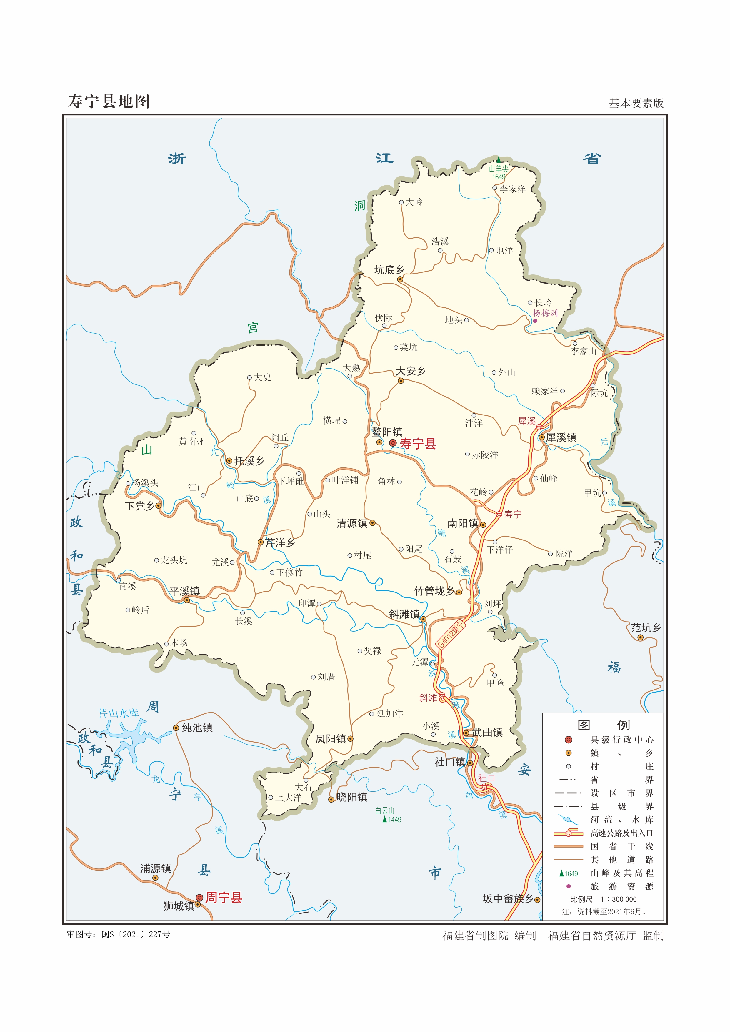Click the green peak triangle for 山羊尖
tap(499, 159)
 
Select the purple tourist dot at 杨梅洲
tap(535, 320)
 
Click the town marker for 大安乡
tap(401, 381)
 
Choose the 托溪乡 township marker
tap(229, 460)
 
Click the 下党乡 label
tap(139, 506)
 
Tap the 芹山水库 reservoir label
tap(119, 713)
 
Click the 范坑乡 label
tap(646, 628)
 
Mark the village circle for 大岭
tap(401, 202)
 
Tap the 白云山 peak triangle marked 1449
tap(384, 819)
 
